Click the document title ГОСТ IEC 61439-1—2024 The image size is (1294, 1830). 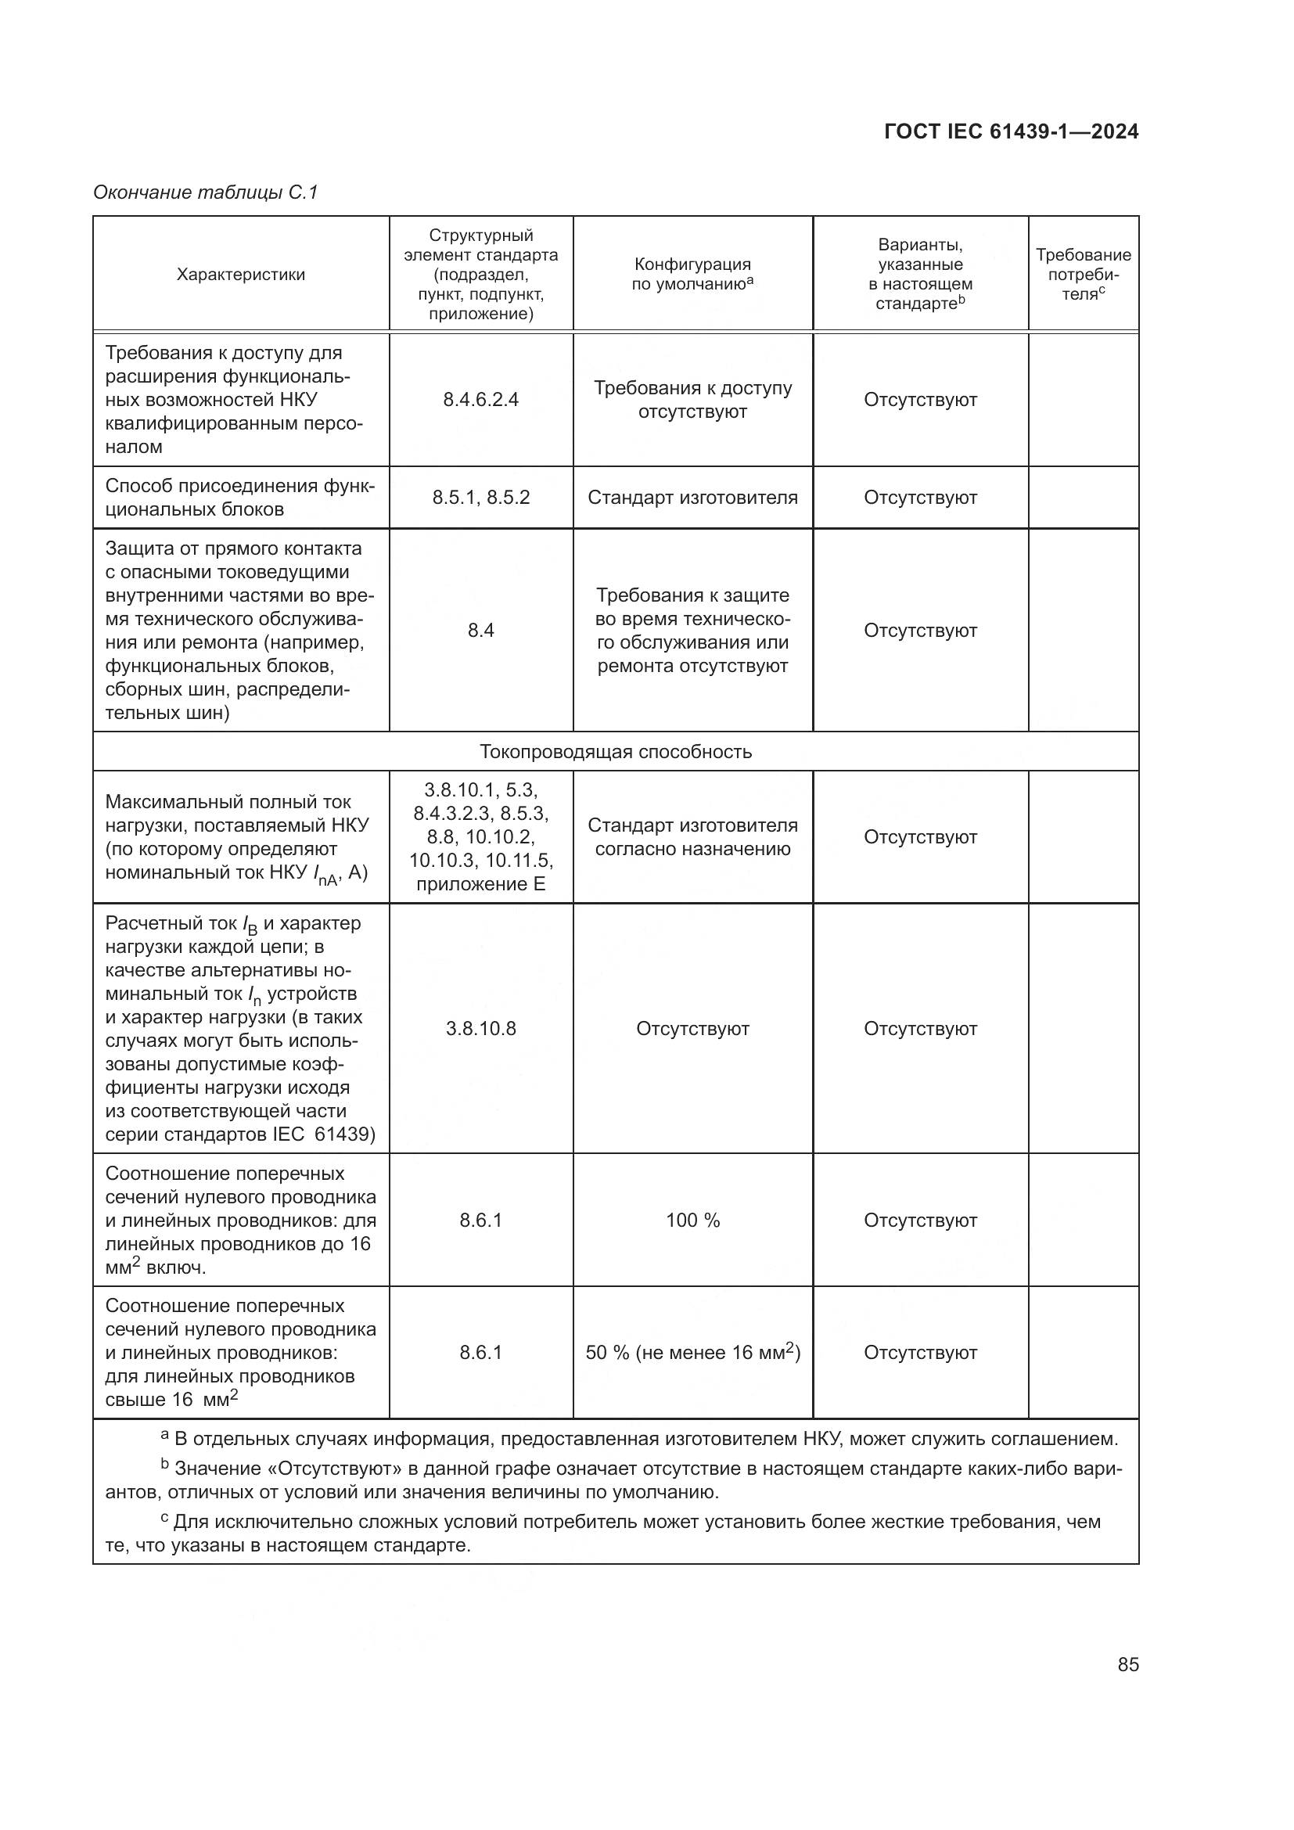click(1010, 132)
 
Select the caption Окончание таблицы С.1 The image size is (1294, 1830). click(206, 192)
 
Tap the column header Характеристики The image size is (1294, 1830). click(241, 275)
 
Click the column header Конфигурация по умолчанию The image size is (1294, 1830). click(692, 274)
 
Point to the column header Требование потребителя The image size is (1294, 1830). click(1082, 274)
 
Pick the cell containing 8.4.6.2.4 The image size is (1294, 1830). click(480, 400)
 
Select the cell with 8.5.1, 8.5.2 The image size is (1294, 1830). click(480, 498)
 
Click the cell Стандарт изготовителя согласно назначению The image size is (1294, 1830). click(692, 838)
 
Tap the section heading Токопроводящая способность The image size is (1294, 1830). click(615, 752)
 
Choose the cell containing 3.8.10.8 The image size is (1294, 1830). click(480, 1029)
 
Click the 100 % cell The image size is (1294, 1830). click(692, 1221)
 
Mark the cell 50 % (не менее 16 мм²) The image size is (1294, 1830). click(692, 1353)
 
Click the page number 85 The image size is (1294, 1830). click(1127, 1665)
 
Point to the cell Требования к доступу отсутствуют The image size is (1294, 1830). click(692, 400)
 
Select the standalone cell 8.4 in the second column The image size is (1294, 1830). click(480, 631)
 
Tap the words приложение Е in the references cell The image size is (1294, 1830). click(480, 884)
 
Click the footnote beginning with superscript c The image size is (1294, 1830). click(613, 1534)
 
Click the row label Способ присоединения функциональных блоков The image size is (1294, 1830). click(239, 498)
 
